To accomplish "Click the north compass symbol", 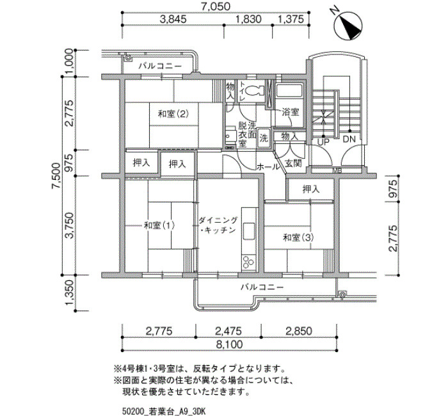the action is [x=348, y=26].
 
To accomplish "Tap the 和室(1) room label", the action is [x=159, y=225].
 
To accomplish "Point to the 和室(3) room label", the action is [x=298, y=237].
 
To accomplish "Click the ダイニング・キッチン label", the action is [x=218, y=225].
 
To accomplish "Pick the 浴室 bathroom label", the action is [x=291, y=112].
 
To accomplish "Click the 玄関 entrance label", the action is [x=293, y=163].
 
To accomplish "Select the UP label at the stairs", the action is [x=323, y=141].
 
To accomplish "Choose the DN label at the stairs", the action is [x=349, y=139].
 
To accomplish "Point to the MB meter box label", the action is [x=337, y=171].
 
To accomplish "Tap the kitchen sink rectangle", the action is [x=249, y=231].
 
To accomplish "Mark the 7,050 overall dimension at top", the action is [x=216, y=6].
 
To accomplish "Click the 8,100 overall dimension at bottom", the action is [x=229, y=344].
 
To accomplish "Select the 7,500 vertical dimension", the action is [x=56, y=176].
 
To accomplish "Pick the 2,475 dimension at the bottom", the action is [x=228, y=331].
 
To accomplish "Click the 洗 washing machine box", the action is [x=264, y=138].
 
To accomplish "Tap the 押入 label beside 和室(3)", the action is [x=311, y=189].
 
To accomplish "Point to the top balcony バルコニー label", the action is [x=160, y=67].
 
